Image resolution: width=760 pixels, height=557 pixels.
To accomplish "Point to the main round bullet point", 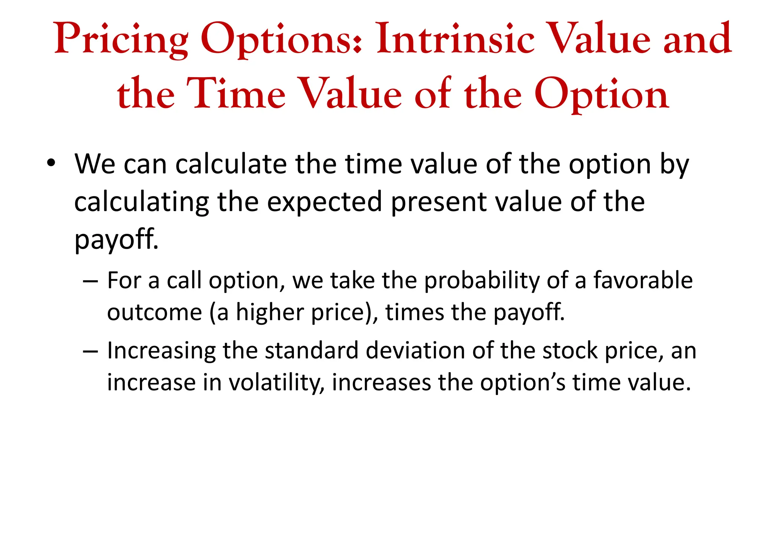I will click(51, 163).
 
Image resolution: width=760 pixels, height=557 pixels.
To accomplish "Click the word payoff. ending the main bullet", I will click(117, 240).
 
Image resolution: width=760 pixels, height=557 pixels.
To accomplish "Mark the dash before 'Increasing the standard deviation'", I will click(91, 351).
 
